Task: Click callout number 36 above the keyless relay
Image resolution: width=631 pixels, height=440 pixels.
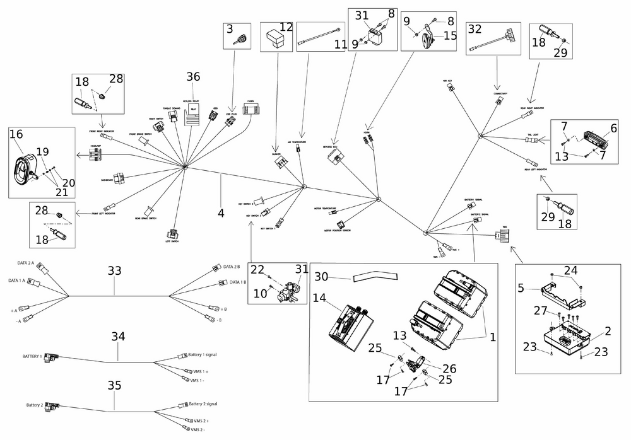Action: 192,77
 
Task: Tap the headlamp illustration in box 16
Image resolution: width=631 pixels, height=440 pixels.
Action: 26,168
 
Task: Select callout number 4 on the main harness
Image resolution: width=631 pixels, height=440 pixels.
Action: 221,213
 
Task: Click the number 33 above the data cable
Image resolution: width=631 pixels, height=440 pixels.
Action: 114,270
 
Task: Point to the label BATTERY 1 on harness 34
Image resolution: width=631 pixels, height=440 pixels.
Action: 32,356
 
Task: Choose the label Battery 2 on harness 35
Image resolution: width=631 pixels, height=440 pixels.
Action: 34,405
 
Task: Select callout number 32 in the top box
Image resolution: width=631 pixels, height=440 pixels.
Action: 475,28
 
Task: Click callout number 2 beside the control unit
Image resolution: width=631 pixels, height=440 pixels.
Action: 608,331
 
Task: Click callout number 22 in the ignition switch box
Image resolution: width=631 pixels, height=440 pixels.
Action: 257,269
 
